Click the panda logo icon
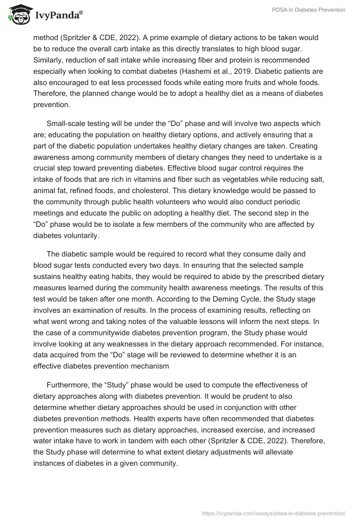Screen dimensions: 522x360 [x=17, y=15]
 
